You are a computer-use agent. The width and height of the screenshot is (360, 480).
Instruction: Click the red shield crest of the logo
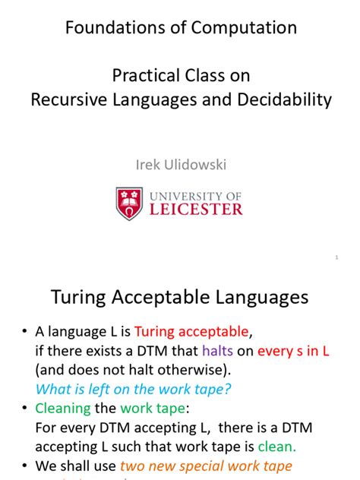pos(130,204)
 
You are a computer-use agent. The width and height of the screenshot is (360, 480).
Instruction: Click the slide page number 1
pos(336,259)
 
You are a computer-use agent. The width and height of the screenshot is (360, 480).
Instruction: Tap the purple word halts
pos(238,351)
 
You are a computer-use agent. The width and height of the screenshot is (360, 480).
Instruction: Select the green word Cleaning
pos(63,409)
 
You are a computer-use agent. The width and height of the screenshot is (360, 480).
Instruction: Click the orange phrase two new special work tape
pos(207,466)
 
